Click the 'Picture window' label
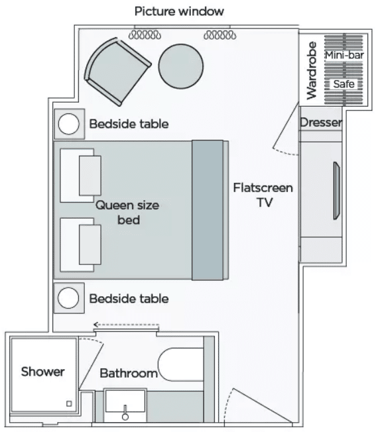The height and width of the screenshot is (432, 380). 179,11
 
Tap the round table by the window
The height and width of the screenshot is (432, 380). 181,66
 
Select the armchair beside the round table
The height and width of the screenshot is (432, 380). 117,72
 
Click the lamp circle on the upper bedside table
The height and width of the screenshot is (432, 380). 69,124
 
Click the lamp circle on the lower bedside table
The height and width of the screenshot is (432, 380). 68,297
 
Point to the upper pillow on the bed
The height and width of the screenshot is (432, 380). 90,176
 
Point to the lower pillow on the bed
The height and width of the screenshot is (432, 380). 90,244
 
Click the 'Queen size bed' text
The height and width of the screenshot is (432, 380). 128,213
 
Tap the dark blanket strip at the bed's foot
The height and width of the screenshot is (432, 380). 208,210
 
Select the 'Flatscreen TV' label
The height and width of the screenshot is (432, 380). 263,195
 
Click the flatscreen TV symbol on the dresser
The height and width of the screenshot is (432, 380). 336,191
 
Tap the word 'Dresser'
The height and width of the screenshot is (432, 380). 321,123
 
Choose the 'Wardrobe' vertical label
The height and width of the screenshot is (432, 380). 312,70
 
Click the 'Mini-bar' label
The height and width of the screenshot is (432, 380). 344,55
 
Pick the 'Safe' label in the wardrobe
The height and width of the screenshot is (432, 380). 344,83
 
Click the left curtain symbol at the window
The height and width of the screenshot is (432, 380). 145,35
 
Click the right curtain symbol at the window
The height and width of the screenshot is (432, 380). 220,35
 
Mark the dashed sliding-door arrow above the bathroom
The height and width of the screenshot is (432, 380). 126,325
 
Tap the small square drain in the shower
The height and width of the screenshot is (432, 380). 69,404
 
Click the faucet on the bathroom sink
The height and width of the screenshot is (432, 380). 125,412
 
